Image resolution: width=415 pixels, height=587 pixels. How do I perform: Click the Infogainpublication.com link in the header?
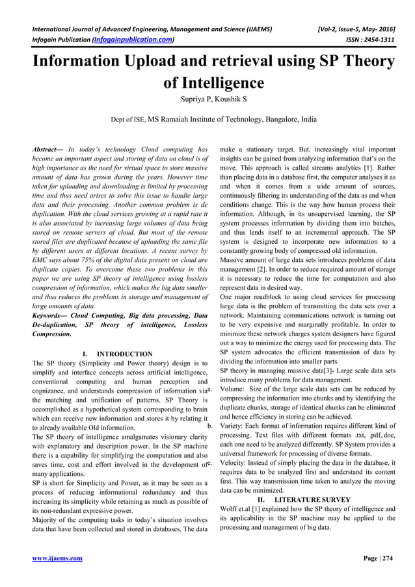click(133, 40)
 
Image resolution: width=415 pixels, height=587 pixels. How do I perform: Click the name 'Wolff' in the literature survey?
click(232, 508)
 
